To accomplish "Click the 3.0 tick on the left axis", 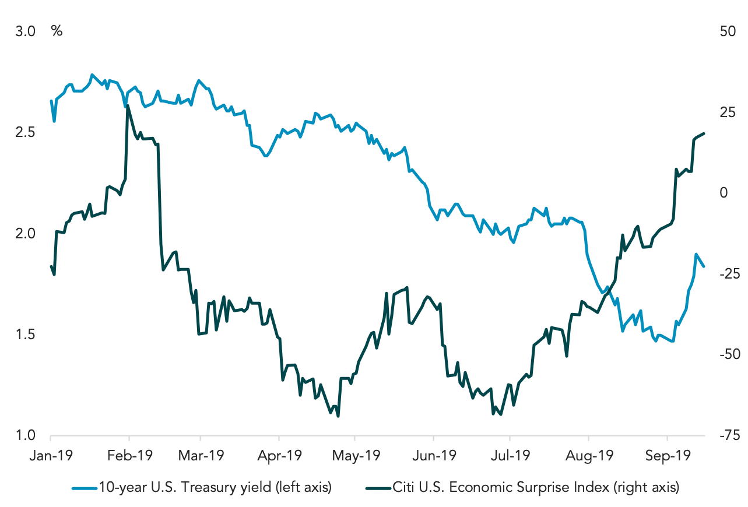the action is (25, 31).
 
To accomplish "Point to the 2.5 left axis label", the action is (25, 132).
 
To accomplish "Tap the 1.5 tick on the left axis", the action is (25, 335).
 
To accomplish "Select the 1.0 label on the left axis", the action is (25, 435).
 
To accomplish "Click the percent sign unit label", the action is (57, 31).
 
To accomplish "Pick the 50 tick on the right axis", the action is (728, 31).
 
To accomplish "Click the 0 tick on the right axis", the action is (724, 193).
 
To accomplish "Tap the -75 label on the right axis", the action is (730, 435).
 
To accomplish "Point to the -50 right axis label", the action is (730, 354).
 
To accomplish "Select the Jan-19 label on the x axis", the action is (51, 456).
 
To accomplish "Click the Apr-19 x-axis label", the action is (279, 456).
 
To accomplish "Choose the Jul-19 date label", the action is (510, 456).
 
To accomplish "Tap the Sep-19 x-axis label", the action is (668, 456).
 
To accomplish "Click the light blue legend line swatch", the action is (84, 488).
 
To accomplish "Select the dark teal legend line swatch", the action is (378, 488).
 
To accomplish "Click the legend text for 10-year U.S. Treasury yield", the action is (215, 488).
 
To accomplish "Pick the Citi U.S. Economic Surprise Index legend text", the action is (536, 488).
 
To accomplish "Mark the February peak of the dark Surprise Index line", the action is (128, 106).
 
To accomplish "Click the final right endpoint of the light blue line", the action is (704, 266).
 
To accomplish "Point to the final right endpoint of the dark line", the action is (704, 133).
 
